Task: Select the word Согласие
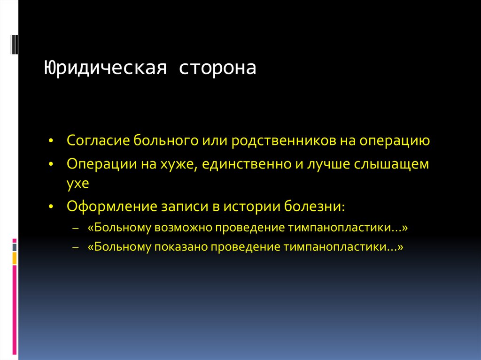98,141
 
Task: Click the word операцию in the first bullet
396,141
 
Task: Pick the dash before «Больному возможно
76,228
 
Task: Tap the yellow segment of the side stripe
15,258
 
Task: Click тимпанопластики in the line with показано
340,247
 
